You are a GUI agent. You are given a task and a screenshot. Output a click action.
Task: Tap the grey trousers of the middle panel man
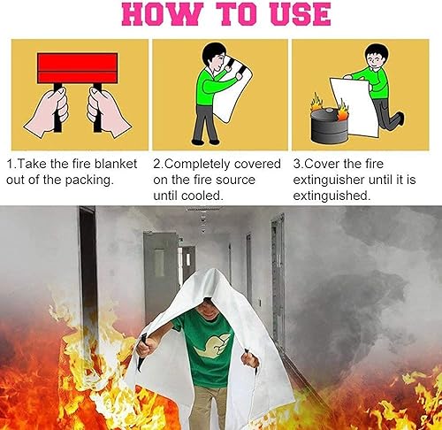tap(209, 119)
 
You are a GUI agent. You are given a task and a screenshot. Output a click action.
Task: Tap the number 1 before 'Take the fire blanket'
tap(10, 165)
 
